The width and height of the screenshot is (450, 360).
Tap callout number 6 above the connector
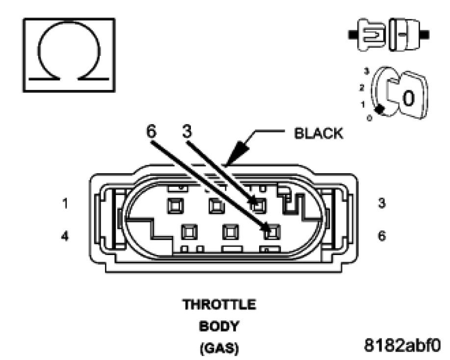pos(153,132)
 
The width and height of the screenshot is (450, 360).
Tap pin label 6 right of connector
pos(382,236)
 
